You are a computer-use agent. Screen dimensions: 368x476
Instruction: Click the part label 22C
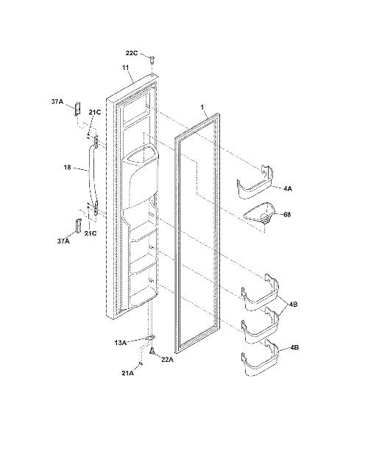coord(132,53)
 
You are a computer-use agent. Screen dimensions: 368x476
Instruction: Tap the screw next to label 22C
coord(152,60)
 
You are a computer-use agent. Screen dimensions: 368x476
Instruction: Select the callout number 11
coord(125,68)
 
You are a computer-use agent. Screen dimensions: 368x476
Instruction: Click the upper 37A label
coord(57,102)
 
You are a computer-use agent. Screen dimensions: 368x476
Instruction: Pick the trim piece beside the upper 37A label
coord(77,109)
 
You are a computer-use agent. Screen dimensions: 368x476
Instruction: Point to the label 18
coord(68,167)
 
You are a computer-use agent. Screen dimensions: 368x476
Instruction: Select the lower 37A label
coord(63,241)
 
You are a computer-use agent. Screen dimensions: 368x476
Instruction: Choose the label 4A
coord(287,188)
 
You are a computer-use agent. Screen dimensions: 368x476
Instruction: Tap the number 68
coord(287,215)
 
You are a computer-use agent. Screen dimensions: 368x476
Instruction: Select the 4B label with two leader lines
coord(294,305)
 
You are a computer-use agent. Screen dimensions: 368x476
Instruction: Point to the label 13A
coord(120,343)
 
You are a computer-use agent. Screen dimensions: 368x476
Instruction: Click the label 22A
coord(167,360)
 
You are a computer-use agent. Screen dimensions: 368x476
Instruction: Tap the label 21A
coord(127,374)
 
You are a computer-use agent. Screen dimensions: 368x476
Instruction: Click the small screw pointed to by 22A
coord(152,351)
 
